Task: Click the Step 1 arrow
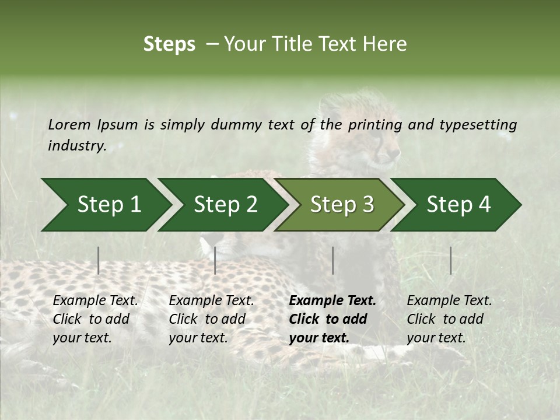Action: tap(108, 205)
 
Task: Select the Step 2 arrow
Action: tap(225, 205)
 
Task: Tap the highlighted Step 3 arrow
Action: tap(342, 205)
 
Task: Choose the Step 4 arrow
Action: tap(459, 205)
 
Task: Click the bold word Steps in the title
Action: tap(169, 44)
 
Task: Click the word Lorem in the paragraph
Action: tap(69, 124)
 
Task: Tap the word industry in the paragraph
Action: tap(76, 146)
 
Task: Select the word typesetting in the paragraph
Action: tap(478, 124)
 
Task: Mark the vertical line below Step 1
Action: tap(99, 260)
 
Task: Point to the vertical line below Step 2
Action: tap(215, 260)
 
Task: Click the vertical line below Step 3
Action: tap(332, 260)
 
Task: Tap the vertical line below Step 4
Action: tap(450, 260)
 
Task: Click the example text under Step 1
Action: tap(95, 319)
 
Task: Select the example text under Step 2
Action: tap(211, 319)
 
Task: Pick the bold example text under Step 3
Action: tap(332, 319)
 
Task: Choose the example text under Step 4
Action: tap(449, 319)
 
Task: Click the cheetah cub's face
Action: tap(382, 143)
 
